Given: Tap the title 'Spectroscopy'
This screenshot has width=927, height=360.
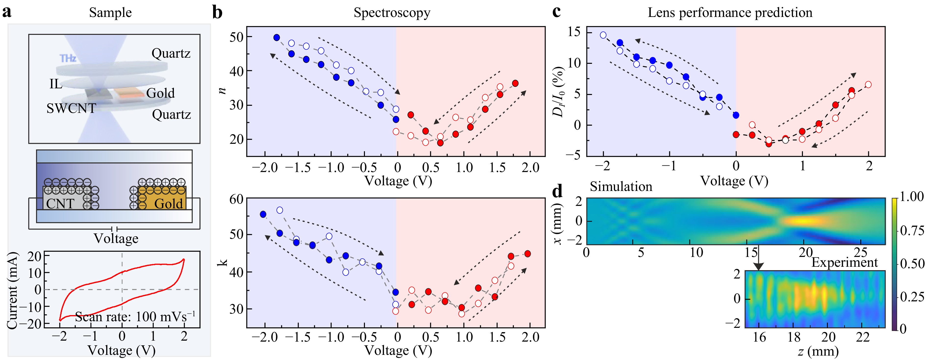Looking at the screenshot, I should [392, 13].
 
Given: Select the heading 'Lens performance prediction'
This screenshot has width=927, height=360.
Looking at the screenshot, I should [730, 13].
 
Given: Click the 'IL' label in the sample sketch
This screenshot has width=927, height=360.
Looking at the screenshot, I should [56, 84].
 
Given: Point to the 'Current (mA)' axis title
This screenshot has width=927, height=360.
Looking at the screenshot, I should [12, 291].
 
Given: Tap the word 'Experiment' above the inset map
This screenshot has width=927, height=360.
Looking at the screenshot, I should [844, 262].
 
